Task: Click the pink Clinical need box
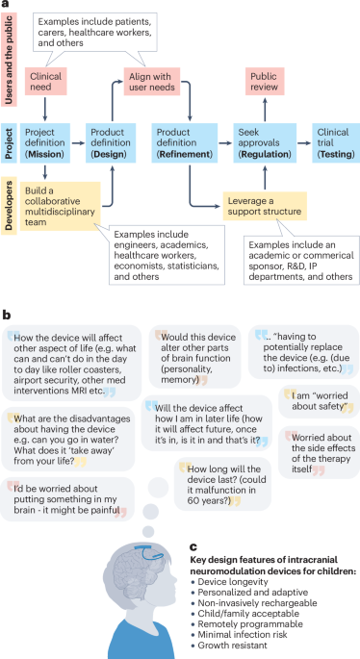[47, 83]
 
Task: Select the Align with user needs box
[153, 83]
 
